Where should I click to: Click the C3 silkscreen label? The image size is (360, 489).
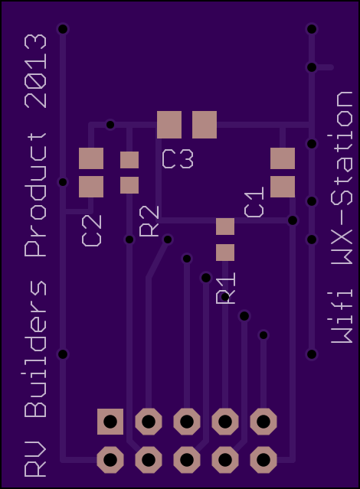click(178, 159)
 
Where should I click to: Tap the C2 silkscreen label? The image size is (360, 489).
click(92, 230)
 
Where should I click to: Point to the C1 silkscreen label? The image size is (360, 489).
click(254, 202)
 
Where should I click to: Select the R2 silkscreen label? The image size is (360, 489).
click(149, 221)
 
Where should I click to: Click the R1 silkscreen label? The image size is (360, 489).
click(226, 289)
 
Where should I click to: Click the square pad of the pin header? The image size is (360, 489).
click(110, 422)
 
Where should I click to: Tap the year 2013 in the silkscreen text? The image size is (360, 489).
click(35, 71)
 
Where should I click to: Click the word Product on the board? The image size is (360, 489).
click(35, 195)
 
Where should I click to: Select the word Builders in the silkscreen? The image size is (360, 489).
click(35, 349)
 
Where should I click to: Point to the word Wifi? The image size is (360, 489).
click(342, 317)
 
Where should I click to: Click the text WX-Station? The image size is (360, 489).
click(342, 178)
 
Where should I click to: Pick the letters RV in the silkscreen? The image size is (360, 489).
click(35, 459)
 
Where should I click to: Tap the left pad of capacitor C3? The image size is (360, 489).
click(169, 125)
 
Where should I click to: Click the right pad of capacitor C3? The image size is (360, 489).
click(205, 125)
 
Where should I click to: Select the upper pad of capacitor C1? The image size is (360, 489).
click(283, 158)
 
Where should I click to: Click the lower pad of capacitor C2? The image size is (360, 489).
click(91, 187)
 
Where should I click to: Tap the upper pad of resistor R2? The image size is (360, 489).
click(129, 160)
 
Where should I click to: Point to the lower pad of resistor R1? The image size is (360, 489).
click(225, 253)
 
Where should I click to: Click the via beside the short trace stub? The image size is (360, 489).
click(312, 67)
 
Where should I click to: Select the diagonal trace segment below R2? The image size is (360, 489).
click(158, 259)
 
